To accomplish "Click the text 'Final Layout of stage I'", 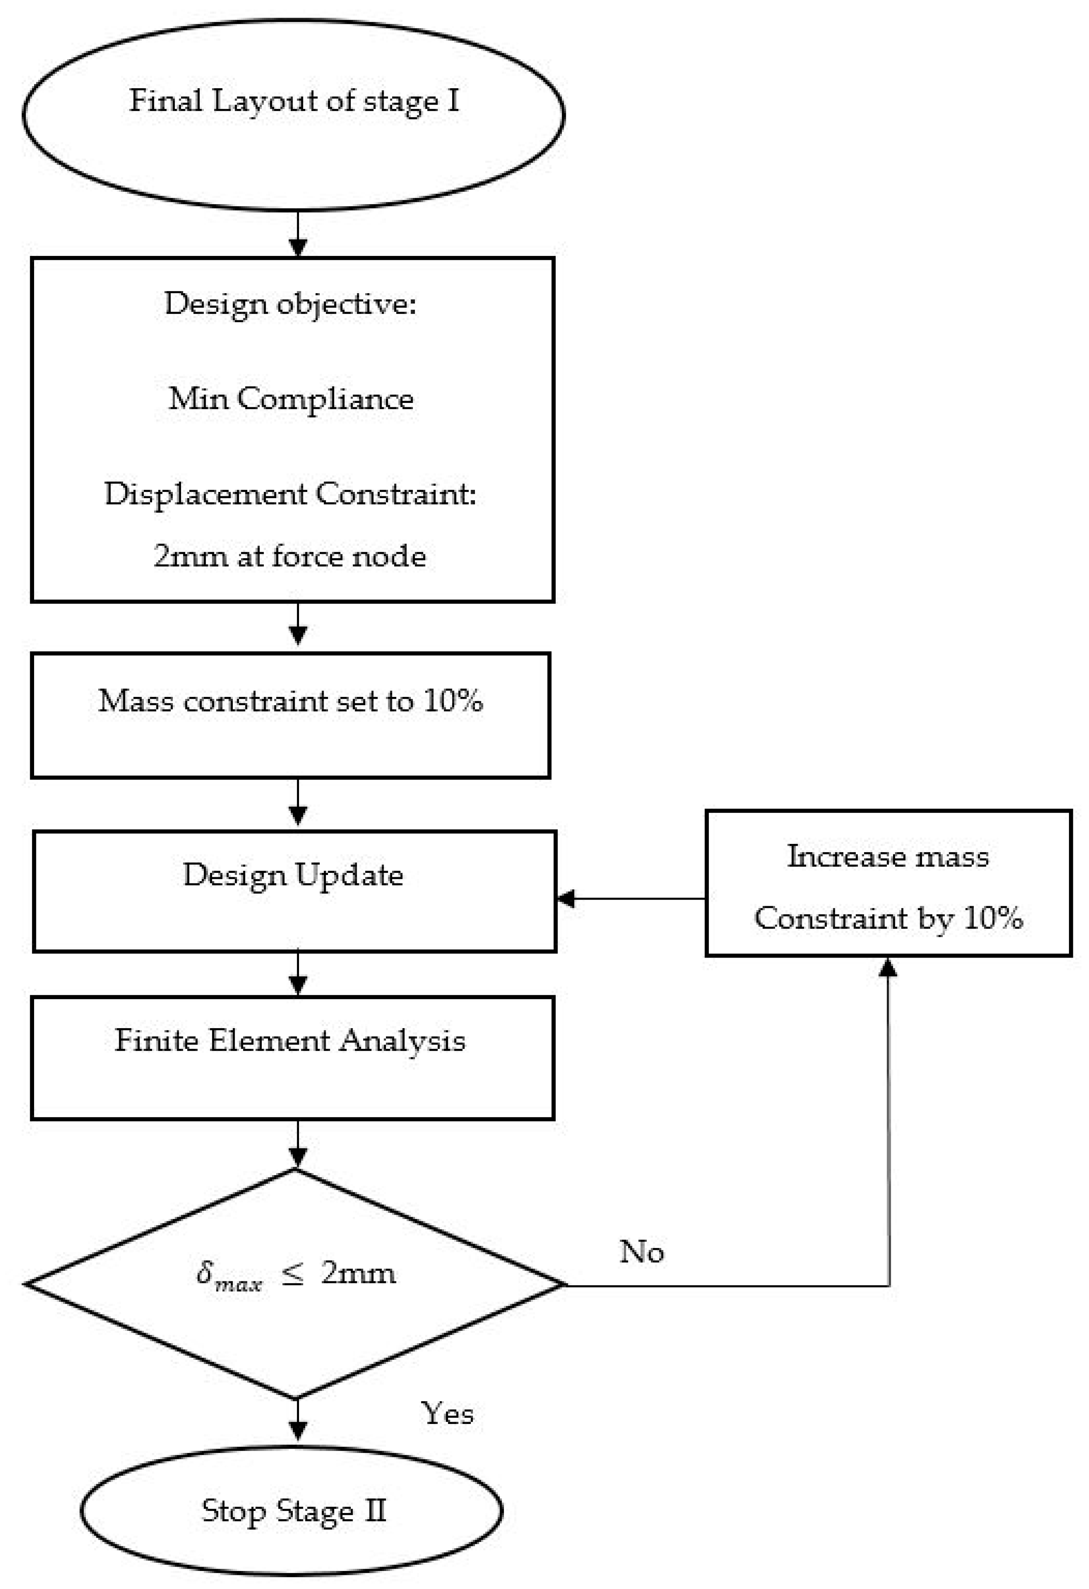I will (294, 101).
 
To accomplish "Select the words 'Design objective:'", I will (290, 304).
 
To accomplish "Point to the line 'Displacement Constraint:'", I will (290, 493).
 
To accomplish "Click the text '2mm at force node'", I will (290, 556).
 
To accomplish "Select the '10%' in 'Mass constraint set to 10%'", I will (453, 701).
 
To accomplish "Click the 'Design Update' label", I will (293, 875).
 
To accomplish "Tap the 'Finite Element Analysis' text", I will (290, 1041).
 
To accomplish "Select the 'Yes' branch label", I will (447, 1414).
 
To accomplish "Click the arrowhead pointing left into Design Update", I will (566, 898).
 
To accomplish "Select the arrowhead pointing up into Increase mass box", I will (887, 965).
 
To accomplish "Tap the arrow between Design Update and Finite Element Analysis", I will (297, 974).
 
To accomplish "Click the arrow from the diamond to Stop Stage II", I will (297, 1421).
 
